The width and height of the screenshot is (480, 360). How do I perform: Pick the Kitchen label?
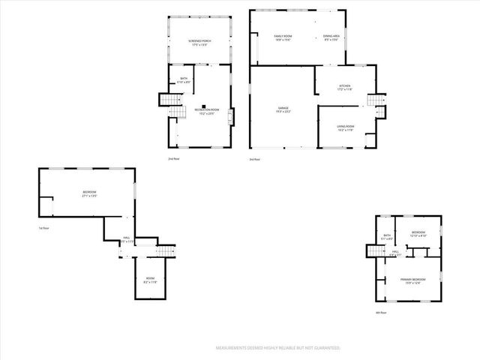344,88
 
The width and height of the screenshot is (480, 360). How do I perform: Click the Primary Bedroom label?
412,281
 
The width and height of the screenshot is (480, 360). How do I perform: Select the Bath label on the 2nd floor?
184,79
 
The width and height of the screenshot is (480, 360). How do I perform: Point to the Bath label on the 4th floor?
387,237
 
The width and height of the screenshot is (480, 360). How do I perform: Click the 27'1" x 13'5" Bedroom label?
89,193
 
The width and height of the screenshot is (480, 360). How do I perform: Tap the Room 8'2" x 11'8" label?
151,280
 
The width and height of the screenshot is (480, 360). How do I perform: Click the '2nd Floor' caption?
173,159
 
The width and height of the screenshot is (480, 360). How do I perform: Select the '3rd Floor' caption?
255,159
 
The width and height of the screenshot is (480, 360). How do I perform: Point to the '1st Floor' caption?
44,228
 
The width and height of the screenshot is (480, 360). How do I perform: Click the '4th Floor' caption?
382,313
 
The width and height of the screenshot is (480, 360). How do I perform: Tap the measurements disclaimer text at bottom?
277,348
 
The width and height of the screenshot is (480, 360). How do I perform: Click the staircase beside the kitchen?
376,100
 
